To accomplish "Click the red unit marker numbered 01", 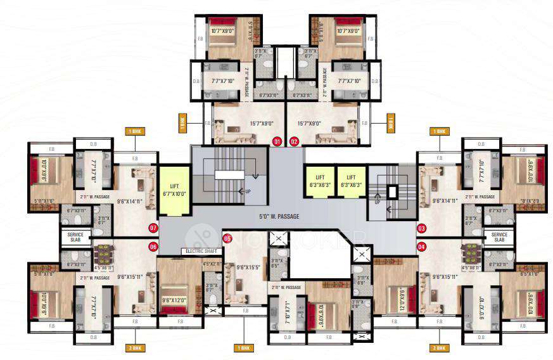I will pyautogui.click(x=276, y=141).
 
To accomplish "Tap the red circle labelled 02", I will pyautogui.click(x=294, y=141).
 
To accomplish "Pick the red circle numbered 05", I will pyautogui.click(x=227, y=238).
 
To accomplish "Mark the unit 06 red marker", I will pyautogui.click(x=153, y=247).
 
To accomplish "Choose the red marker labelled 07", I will pyautogui.click(x=153, y=227).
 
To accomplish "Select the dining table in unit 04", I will pyautogui.click(x=471, y=254).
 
